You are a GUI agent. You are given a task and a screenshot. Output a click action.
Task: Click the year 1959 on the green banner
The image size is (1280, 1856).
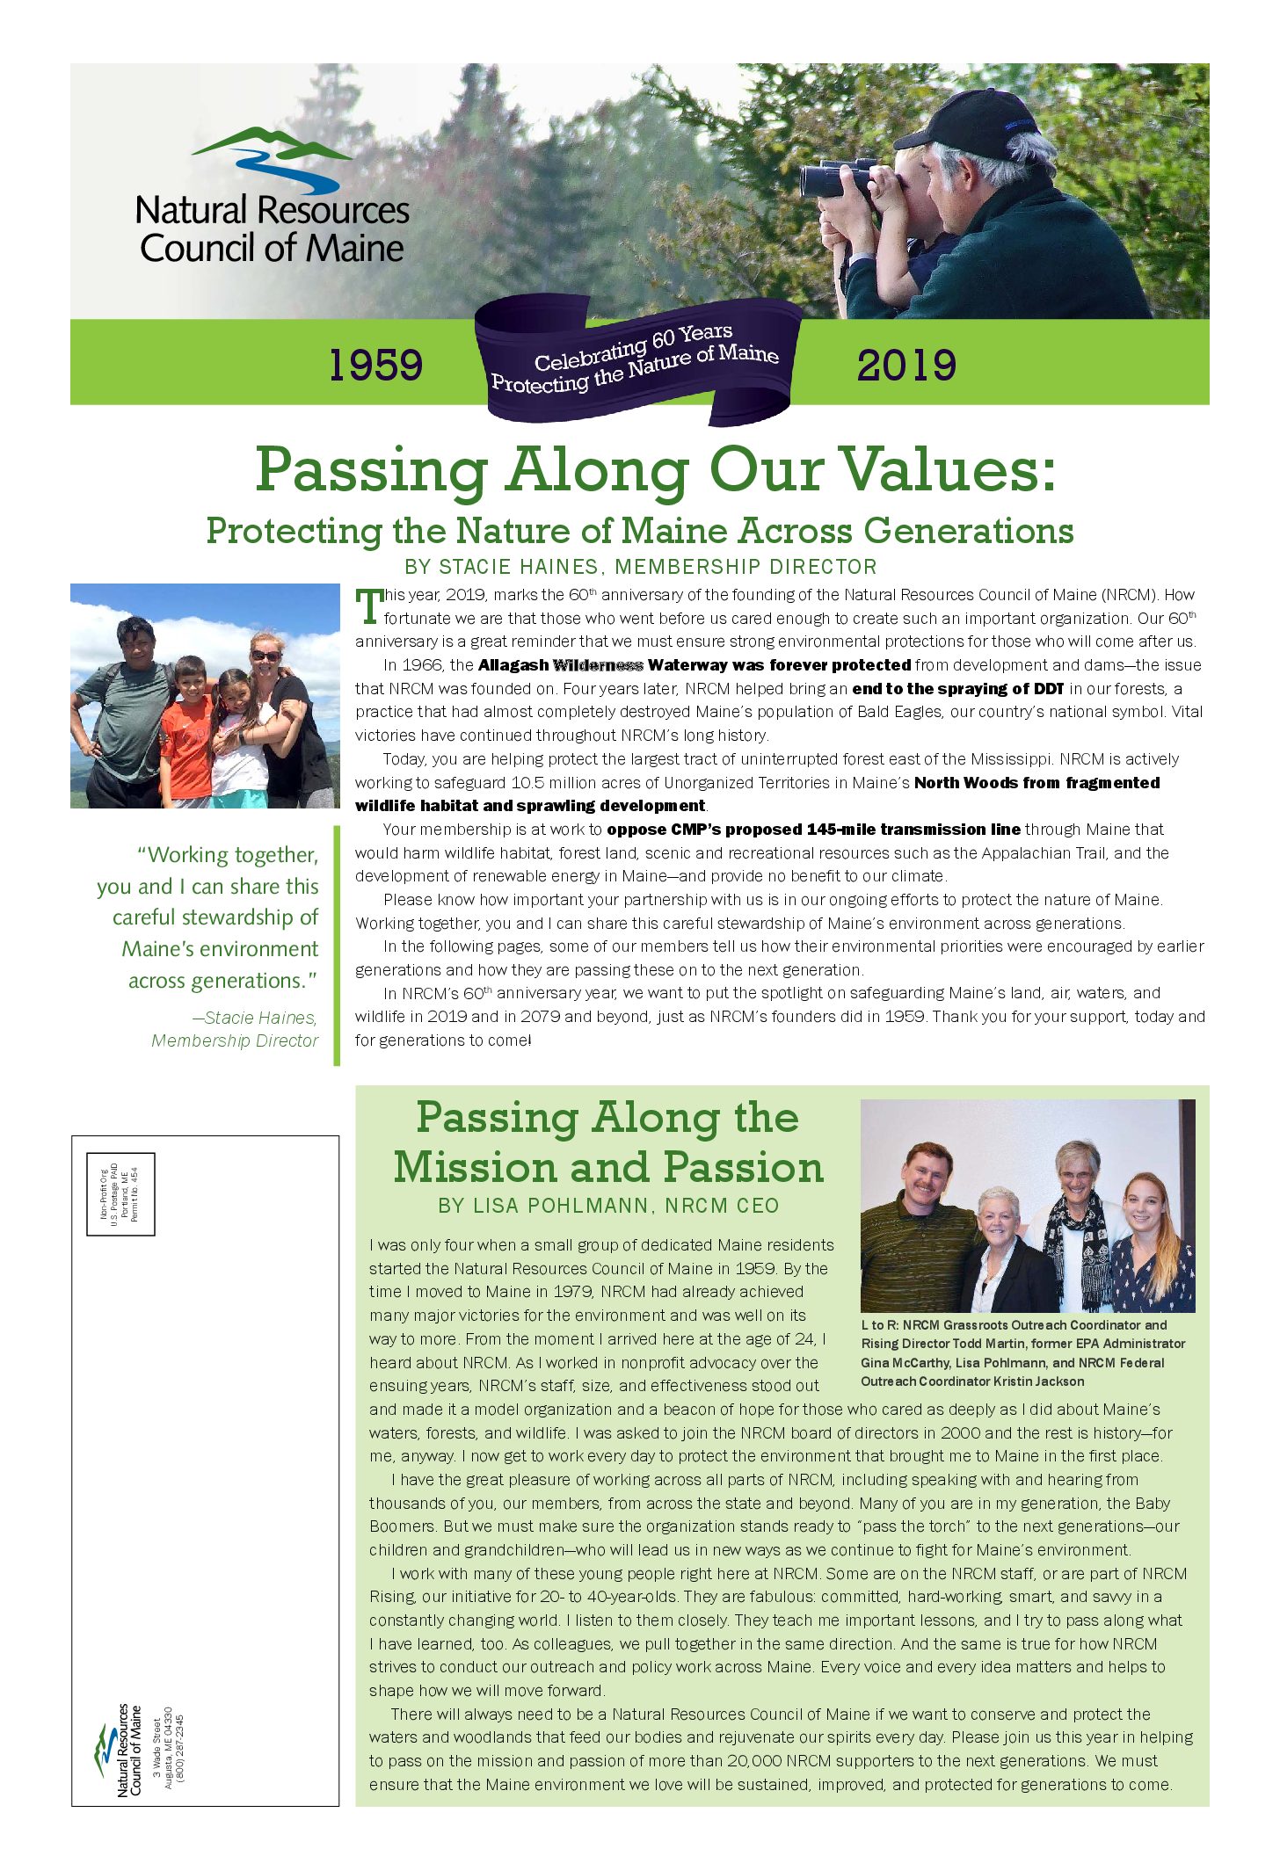pos(375,365)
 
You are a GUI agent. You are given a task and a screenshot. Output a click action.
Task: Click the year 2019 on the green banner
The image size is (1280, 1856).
pos(906,365)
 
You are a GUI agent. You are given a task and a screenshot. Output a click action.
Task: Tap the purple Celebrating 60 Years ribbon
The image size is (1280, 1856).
pos(637,360)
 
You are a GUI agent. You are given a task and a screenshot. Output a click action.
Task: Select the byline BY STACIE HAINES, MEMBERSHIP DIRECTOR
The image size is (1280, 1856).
pos(640,567)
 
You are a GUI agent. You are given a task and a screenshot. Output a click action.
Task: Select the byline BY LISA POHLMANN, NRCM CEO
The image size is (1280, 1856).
pos(608,1206)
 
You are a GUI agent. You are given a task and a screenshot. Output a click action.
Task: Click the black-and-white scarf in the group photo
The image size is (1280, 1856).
pos(1074,1248)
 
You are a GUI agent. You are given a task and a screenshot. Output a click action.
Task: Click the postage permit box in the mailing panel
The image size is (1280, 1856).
pos(120,1193)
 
